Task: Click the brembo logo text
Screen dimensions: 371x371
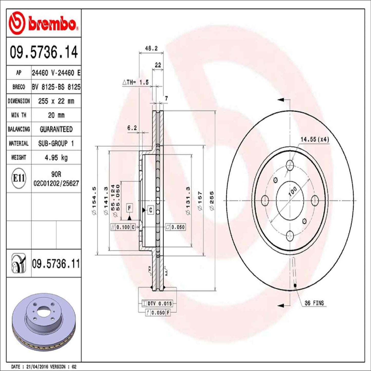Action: (x=52, y=24)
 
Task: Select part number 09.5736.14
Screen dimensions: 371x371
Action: (x=44, y=52)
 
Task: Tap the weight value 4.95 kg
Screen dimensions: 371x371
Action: (x=56, y=157)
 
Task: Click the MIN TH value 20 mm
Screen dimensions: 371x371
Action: (x=56, y=115)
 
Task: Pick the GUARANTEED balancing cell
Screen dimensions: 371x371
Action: (x=56, y=129)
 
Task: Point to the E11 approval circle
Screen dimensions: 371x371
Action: (x=19, y=178)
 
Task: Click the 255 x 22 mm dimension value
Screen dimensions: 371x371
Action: (x=56, y=101)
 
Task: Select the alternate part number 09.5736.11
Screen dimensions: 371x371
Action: (x=56, y=264)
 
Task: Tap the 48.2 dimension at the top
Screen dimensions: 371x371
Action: (x=151, y=48)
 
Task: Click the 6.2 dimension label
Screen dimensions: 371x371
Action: (x=132, y=128)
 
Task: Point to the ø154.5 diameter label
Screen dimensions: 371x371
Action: (x=94, y=201)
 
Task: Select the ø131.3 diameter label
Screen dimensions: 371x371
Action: (x=188, y=201)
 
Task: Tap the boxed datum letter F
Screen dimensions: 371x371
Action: (x=130, y=208)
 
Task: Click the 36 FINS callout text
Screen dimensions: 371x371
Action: (x=314, y=303)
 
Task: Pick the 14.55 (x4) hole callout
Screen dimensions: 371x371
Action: (x=315, y=139)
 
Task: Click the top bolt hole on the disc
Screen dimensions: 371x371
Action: (x=290, y=165)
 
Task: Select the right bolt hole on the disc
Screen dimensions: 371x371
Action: (x=315, y=201)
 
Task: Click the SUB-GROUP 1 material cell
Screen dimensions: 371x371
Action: (x=56, y=143)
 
